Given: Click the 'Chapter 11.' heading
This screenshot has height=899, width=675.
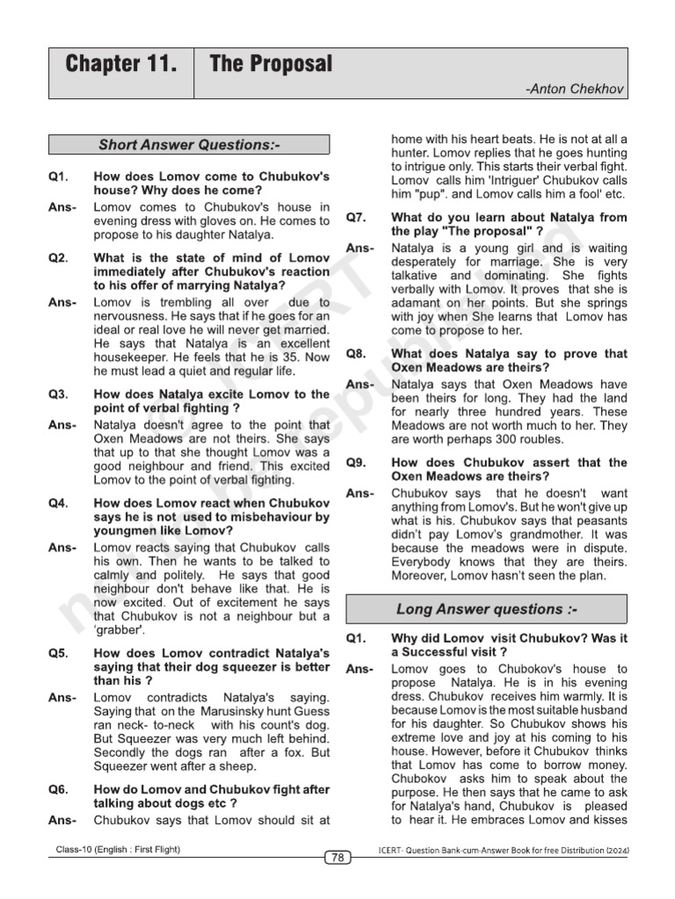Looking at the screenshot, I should click(114, 64).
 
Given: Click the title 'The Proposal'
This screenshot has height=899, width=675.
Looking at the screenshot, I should click(271, 64).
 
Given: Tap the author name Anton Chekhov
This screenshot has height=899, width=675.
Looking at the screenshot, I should click(575, 90).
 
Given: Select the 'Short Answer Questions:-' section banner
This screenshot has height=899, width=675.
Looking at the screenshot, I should click(189, 145).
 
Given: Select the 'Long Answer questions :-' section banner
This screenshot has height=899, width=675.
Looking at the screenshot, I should click(486, 609).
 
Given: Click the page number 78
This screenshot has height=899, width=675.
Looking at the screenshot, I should click(337, 858).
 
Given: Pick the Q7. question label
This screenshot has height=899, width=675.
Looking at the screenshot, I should click(356, 217).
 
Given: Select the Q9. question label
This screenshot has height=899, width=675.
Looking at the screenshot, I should click(356, 463).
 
